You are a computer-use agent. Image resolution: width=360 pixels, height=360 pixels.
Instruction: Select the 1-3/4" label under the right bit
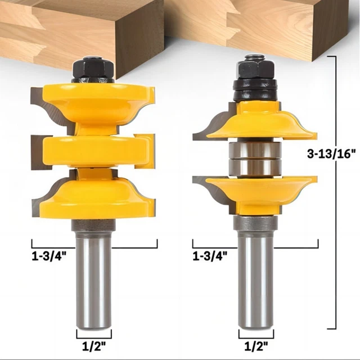tap(210, 256)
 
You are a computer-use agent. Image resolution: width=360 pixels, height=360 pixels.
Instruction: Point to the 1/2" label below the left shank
tap(94, 346)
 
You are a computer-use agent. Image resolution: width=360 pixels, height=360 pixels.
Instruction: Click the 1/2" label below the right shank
tap(256, 346)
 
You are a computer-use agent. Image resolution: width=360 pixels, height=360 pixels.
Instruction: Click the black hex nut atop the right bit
tap(256, 68)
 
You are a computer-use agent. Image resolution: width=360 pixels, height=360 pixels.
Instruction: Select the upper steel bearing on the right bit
tap(255, 150)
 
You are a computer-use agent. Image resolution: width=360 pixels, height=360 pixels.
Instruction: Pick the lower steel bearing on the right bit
tap(255, 168)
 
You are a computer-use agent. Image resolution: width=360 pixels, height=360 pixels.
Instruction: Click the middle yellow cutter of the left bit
tap(94, 151)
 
